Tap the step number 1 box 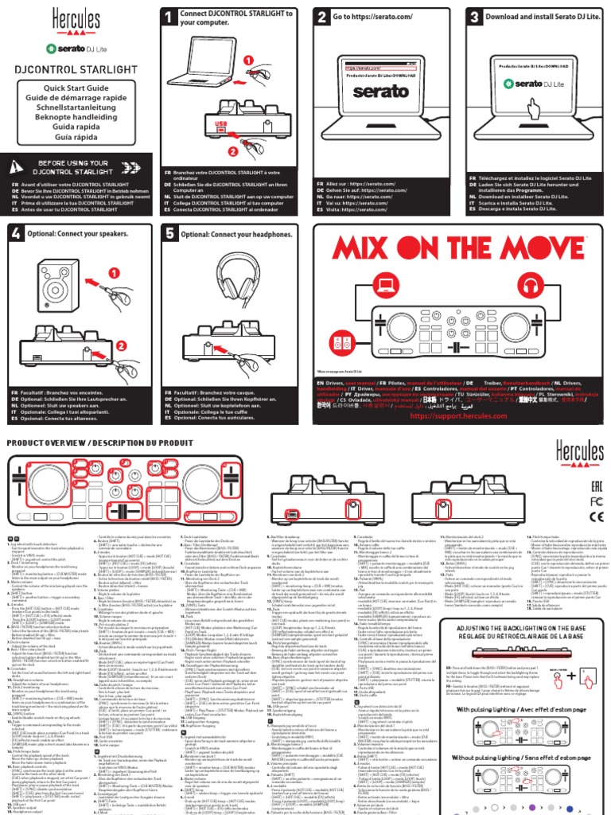click(169, 17)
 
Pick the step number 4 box click(17, 232)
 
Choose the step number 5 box click(169, 232)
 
